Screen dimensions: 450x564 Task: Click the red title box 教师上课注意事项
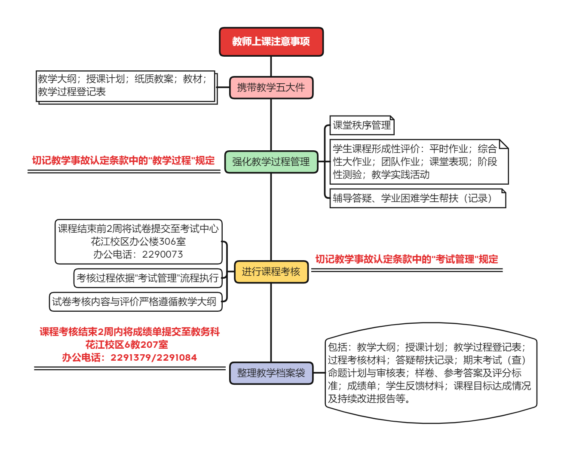pos(271,42)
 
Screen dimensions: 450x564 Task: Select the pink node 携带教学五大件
pos(271,88)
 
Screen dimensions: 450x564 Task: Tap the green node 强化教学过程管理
pos(271,162)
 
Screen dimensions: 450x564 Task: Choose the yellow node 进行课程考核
pos(271,272)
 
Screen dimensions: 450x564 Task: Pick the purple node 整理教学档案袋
pos(271,373)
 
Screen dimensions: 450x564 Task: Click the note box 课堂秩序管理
pos(362,125)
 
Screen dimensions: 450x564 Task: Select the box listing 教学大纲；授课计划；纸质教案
pos(126,85)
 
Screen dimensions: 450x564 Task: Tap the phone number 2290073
pos(162,255)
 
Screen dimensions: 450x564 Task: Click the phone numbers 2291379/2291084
pos(153,358)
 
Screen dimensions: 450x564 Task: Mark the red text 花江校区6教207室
pos(127,345)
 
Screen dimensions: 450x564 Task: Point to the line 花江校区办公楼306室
pos(138,242)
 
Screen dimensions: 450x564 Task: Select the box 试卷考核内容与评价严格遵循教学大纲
pos(135,302)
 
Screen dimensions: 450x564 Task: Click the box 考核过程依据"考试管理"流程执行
pos(147,278)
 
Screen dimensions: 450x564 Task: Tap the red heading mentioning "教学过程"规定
pos(123,161)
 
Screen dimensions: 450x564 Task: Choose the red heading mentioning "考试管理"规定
pos(407,259)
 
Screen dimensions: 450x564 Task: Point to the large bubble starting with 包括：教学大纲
pos(430,373)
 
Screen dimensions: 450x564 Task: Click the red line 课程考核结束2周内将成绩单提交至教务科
pos(129,332)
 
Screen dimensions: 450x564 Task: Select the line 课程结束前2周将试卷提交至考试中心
pos(138,229)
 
